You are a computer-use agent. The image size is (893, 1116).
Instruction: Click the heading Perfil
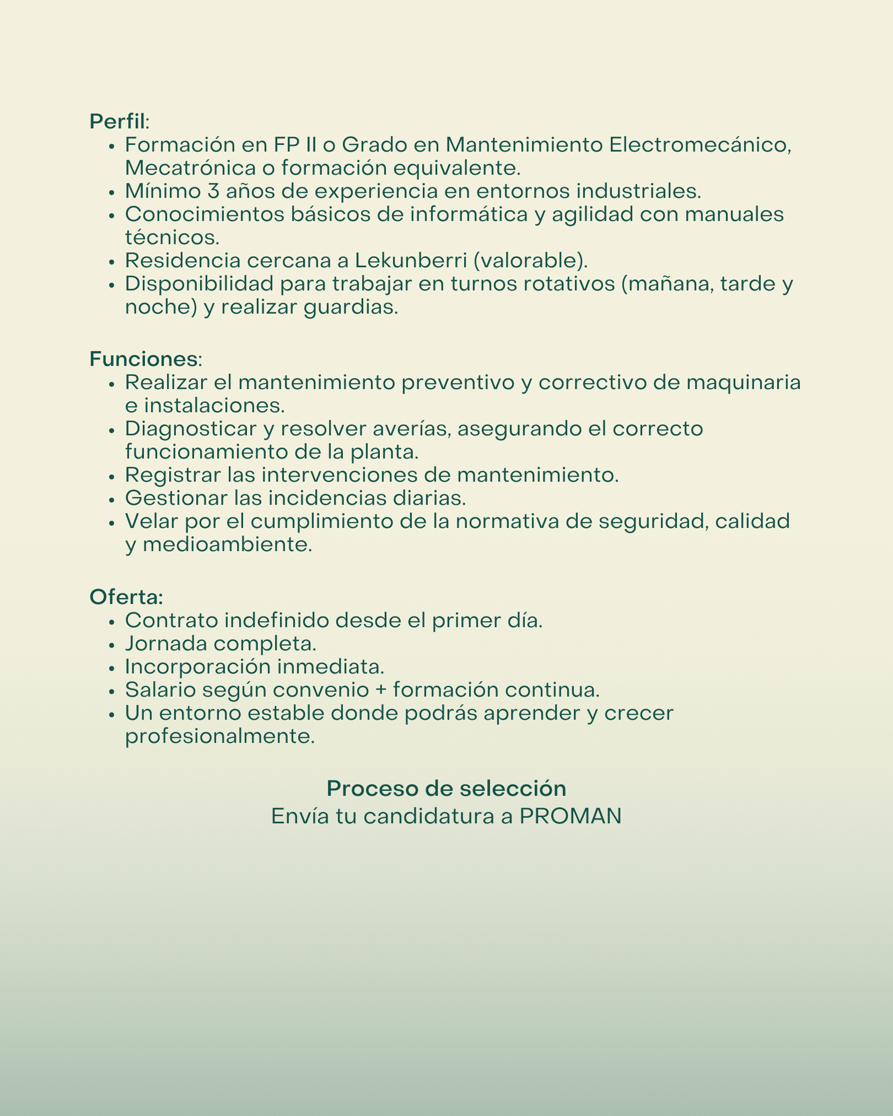[x=117, y=121]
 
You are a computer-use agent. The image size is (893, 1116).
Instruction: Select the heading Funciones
[x=143, y=359]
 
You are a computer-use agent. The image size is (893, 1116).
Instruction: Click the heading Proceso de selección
[x=446, y=789]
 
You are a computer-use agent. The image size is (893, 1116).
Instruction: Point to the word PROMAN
[x=571, y=816]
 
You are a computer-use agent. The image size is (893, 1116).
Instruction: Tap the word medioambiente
[x=227, y=545]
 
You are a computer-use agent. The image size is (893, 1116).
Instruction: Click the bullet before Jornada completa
[x=112, y=644]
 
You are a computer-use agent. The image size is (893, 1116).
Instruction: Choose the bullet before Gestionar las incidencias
[x=112, y=499]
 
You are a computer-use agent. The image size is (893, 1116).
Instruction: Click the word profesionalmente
[x=220, y=737]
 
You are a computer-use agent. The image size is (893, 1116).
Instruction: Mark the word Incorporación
[x=197, y=667]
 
